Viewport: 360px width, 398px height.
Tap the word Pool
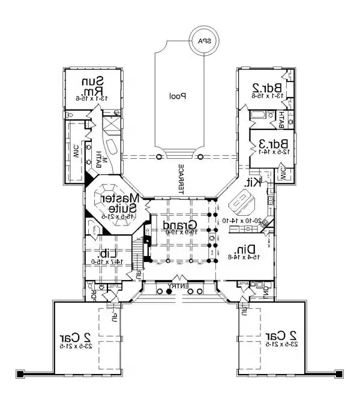click(177, 95)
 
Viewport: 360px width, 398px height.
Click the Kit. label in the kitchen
click(251, 182)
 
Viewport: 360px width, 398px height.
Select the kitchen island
click(243, 204)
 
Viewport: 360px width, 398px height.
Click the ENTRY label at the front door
click(179, 287)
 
